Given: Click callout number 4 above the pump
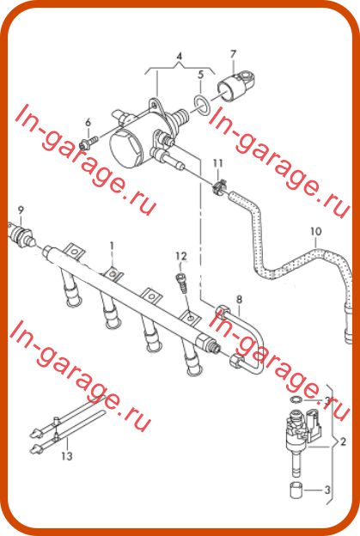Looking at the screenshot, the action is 179,57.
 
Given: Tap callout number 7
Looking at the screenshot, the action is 233,54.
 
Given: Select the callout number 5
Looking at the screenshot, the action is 201,75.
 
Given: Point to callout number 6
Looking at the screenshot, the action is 88,122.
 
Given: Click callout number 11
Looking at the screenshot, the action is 217,163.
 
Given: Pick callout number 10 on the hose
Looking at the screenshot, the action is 316,231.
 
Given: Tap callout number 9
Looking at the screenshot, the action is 21,210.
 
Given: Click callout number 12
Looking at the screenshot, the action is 181,256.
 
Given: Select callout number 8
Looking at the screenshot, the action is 239,300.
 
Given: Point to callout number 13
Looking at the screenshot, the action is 67,455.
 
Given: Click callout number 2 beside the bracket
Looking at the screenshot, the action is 343,442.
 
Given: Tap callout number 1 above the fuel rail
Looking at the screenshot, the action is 112,247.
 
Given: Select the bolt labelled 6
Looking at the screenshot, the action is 88,142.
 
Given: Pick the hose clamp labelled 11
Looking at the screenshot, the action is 218,186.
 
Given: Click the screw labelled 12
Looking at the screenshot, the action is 181,281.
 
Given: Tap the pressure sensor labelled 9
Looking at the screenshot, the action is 21,234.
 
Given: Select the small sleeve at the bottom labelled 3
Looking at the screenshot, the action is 295,490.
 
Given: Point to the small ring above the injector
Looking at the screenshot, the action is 296,399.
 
